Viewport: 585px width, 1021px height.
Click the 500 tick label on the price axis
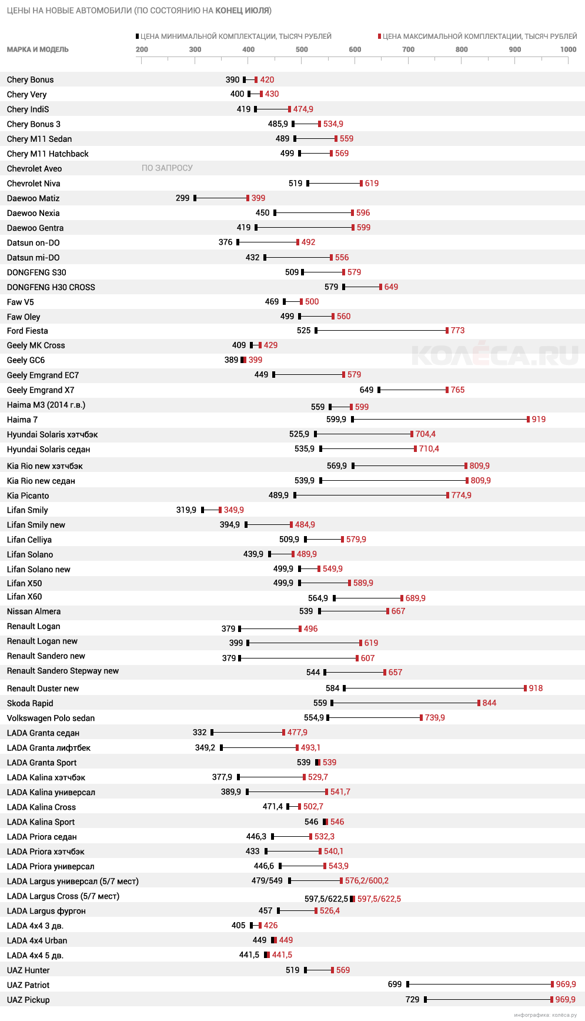point(302,49)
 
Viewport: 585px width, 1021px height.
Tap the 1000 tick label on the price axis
point(568,49)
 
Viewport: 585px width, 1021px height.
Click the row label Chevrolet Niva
point(34,184)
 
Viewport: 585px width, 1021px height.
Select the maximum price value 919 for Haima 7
point(539,420)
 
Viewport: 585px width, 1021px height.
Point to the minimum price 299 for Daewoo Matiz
point(182,198)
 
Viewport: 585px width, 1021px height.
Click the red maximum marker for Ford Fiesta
point(447,331)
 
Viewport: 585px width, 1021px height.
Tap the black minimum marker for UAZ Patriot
point(407,984)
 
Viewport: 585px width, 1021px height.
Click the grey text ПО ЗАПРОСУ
point(167,168)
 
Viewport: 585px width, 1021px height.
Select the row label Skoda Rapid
point(30,703)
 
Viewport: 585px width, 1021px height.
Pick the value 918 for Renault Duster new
point(536,688)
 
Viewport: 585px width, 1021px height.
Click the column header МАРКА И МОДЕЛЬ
point(38,49)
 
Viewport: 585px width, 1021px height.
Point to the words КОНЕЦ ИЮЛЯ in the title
point(242,11)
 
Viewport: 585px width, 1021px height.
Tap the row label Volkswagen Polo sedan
point(51,718)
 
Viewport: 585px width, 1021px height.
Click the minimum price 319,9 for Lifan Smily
point(186,510)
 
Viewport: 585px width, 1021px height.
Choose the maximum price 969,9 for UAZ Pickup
point(566,999)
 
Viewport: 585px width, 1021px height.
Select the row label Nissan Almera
point(34,611)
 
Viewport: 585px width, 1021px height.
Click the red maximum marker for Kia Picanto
point(448,495)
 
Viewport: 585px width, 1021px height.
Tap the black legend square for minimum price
point(138,36)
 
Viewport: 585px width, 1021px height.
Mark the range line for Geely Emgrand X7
point(413,390)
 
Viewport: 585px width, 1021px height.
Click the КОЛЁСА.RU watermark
point(494,355)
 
